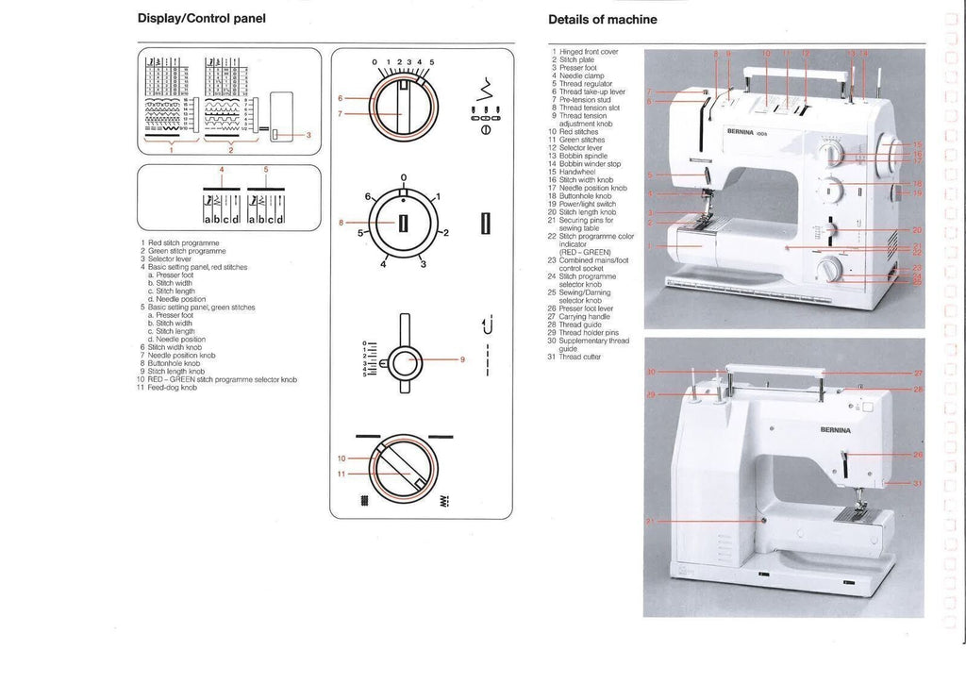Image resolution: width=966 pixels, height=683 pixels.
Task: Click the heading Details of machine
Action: coord(602,20)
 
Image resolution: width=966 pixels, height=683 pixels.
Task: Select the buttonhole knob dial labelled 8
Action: coord(403,224)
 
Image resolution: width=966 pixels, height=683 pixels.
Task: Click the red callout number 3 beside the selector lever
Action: coord(307,134)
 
